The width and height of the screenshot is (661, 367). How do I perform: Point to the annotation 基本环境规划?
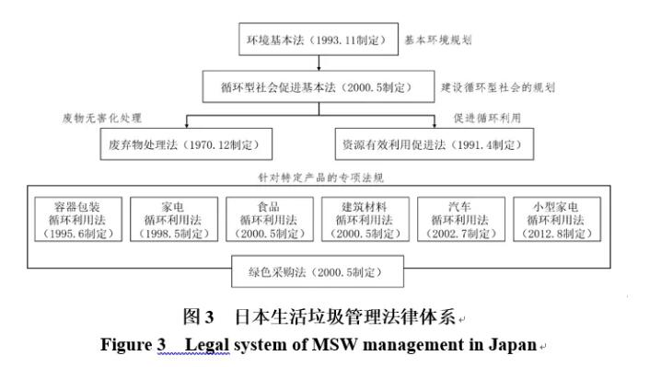(439, 41)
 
